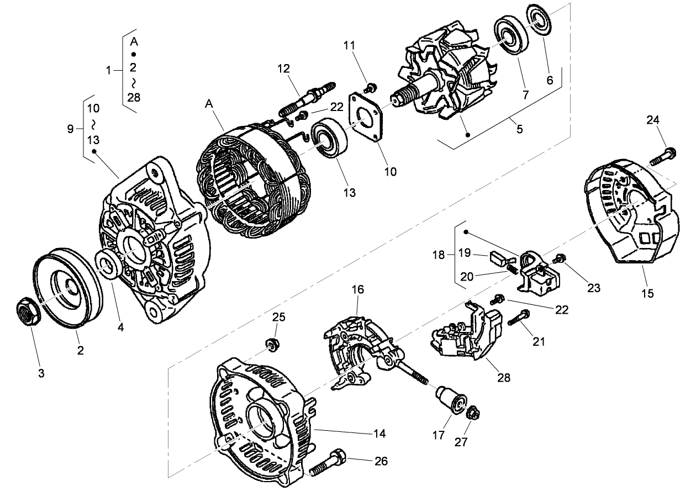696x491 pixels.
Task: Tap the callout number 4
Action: click(120, 326)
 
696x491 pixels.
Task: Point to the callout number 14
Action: click(379, 433)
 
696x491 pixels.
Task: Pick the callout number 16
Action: click(357, 289)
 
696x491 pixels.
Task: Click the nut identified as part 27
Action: click(473, 414)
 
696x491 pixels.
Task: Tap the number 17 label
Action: click(439, 435)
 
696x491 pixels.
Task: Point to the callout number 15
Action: click(647, 293)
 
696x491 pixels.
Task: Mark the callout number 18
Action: click(438, 255)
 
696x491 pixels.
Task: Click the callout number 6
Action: click(549, 80)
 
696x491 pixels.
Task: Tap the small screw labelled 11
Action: click(372, 87)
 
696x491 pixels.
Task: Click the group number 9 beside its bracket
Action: click(70, 129)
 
